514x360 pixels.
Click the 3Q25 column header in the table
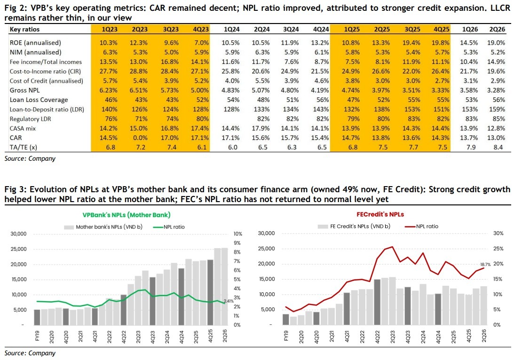(x=412, y=29)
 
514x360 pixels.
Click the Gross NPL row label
(x=24, y=90)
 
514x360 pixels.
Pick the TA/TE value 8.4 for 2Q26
(x=498, y=148)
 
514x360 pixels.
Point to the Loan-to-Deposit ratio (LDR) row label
(x=47, y=110)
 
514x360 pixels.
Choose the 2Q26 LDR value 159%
(x=497, y=110)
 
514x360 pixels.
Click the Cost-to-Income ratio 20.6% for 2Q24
(x=261, y=71)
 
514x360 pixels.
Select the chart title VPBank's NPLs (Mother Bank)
(x=127, y=215)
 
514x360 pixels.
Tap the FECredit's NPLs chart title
(x=380, y=215)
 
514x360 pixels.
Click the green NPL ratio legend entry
(x=169, y=227)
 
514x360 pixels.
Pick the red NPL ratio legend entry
(x=422, y=226)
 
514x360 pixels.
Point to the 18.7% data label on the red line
(x=485, y=264)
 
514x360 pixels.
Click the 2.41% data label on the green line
(x=229, y=301)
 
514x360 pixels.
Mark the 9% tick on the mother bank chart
(x=237, y=243)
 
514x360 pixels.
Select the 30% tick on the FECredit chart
(x=498, y=233)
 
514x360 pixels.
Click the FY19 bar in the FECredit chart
(x=286, y=320)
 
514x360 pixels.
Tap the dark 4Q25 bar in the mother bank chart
(x=211, y=292)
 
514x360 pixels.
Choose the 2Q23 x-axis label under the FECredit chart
(x=392, y=336)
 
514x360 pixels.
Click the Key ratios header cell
(x=24, y=29)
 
